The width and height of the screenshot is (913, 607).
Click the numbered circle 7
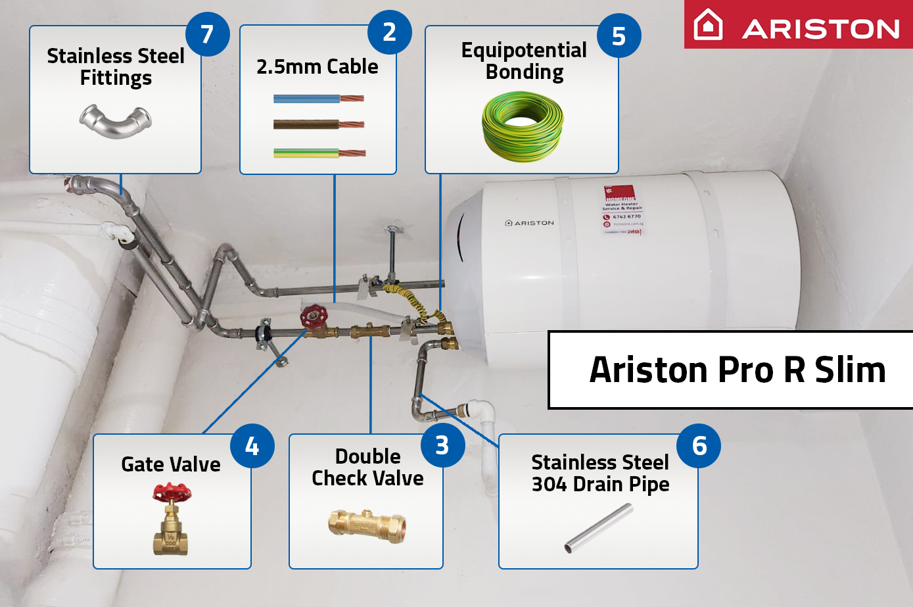[207, 34]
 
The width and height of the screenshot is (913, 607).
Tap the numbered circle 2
[389, 32]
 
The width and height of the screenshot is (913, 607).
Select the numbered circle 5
[619, 36]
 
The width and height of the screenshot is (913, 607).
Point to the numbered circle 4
[252, 447]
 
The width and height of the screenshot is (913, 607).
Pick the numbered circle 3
[442, 445]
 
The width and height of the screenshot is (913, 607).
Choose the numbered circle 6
[699, 446]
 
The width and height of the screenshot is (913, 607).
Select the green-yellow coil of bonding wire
[523, 127]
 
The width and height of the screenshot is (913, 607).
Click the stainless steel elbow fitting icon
[115, 121]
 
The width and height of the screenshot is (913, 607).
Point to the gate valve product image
[172, 519]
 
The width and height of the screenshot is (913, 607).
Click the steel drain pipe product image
[599, 527]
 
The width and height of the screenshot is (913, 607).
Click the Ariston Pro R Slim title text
[737, 370]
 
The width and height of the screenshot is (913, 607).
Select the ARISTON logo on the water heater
[529, 223]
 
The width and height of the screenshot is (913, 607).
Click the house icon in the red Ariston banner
[709, 25]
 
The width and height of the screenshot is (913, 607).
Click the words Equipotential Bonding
[524, 61]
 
